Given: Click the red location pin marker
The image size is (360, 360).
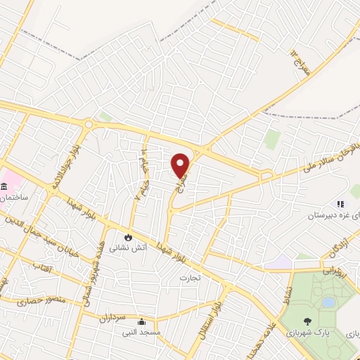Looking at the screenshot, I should pyautogui.click(x=181, y=165).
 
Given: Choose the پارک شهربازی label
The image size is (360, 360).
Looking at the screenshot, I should pyautogui.click(x=314, y=329).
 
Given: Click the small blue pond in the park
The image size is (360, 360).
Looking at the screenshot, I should pyautogui.click(x=328, y=302).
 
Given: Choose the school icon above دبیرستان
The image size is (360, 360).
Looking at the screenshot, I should pyautogui.click(x=339, y=204).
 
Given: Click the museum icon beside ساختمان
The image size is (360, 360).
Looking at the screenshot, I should pyautogui.click(x=5, y=186).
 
